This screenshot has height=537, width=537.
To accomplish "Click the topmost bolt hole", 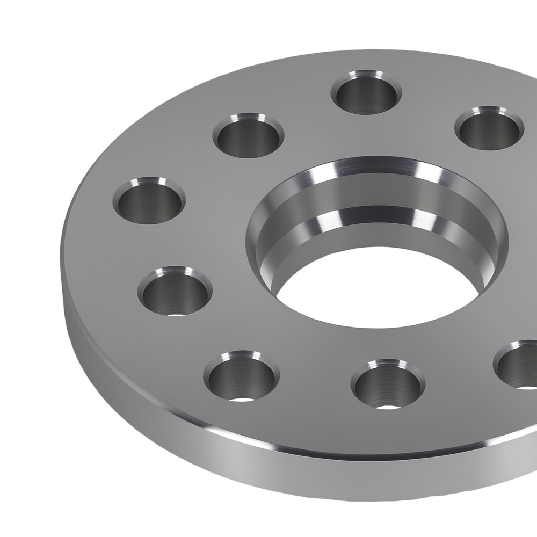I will [367, 93].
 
